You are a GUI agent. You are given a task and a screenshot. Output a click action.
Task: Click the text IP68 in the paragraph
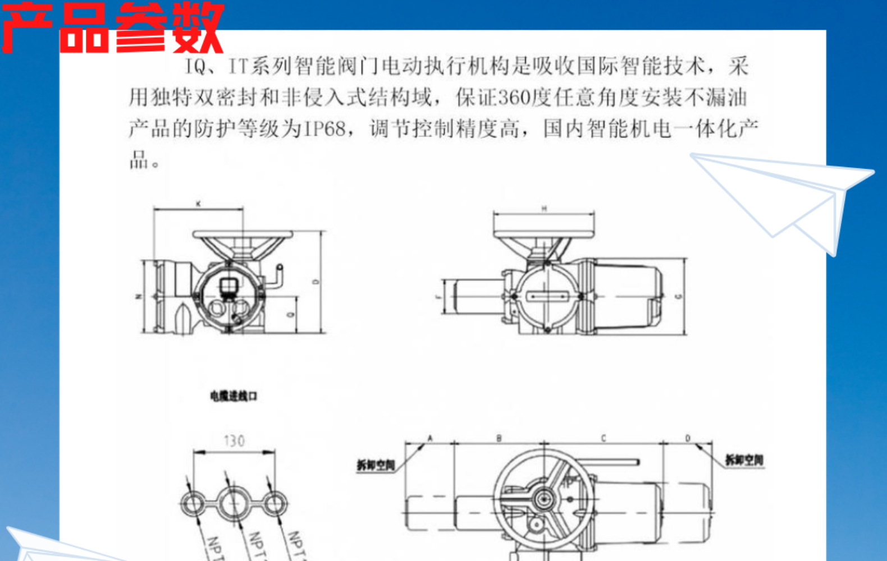(x=325, y=129)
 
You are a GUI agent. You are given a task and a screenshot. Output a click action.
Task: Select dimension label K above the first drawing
(x=198, y=204)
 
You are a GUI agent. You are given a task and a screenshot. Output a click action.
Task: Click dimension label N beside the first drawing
(x=139, y=296)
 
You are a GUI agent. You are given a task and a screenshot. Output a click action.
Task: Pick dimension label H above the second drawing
(x=543, y=209)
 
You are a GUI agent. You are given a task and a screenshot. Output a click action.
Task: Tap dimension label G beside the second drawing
(x=678, y=296)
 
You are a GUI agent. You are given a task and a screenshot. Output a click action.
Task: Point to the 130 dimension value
(x=234, y=441)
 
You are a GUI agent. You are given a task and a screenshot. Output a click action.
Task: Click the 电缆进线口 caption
(x=234, y=396)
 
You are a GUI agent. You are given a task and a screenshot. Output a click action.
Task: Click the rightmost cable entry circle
(x=275, y=504)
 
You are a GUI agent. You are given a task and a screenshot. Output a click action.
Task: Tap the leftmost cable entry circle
(x=193, y=503)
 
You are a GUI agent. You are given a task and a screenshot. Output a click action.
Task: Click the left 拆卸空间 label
(x=376, y=465)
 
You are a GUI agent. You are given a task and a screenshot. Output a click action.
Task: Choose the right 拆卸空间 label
(x=744, y=461)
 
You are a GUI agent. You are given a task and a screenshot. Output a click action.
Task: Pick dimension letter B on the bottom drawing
(x=499, y=438)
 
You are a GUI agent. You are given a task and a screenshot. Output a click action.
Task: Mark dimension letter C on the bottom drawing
(x=603, y=438)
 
